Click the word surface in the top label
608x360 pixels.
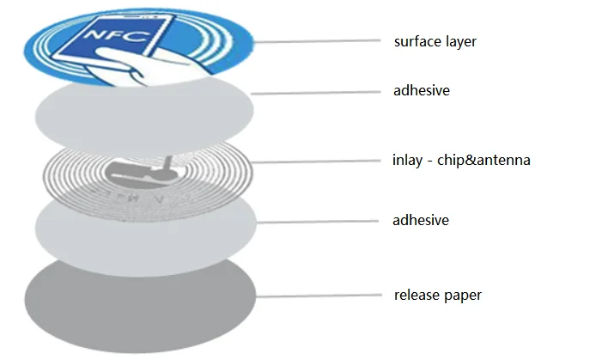coord(415,41)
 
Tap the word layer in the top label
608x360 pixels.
coord(459,41)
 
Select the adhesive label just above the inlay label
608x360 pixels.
coord(421,91)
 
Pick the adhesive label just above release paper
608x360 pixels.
coord(421,221)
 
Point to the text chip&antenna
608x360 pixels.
coord(483,160)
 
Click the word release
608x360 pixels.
coord(418,296)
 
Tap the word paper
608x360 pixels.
coord(465,296)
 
